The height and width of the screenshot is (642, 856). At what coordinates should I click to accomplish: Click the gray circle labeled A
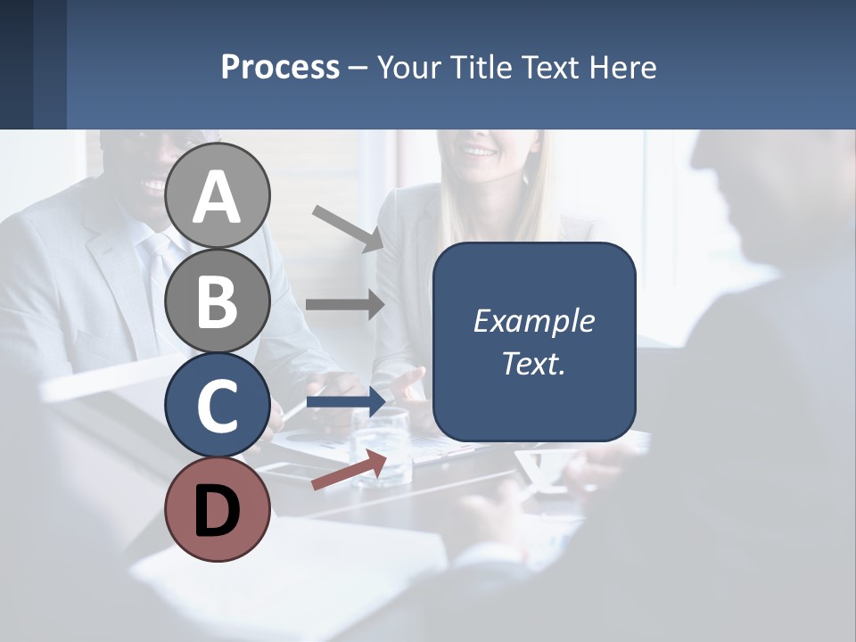pyautogui.click(x=218, y=195)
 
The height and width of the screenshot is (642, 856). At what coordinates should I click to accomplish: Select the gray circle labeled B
pyautogui.click(x=218, y=300)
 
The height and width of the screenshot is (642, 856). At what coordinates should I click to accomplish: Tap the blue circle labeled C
pyautogui.click(x=218, y=406)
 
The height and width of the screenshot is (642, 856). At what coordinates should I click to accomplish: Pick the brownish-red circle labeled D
pyautogui.click(x=218, y=510)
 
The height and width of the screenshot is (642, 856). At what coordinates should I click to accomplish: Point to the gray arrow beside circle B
pyautogui.click(x=345, y=304)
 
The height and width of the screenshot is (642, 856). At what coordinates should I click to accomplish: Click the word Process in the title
pyautogui.click(x=280, y=68)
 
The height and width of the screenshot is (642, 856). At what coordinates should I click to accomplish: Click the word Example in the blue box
pyautogui.click(x=533, y=321)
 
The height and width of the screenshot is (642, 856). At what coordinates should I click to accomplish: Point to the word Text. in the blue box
pyautogui.click(x=533, y=363)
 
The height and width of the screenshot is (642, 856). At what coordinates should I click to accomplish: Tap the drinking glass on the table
pyautogui.click(x=382, y=446)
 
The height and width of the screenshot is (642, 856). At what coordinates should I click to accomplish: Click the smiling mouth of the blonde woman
pyautogui.click(x=480, y=152)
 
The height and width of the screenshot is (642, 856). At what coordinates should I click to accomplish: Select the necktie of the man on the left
pyautogui.click(x=160, y=267)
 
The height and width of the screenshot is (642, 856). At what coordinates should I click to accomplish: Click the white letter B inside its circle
pyautogui.click(x=218, y=300)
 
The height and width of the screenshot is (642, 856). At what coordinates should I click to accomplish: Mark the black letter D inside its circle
pyautogui.click(x=218, y=511)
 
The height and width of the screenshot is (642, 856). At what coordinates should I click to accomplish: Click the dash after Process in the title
pyautogui.click(x=358, y=69)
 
